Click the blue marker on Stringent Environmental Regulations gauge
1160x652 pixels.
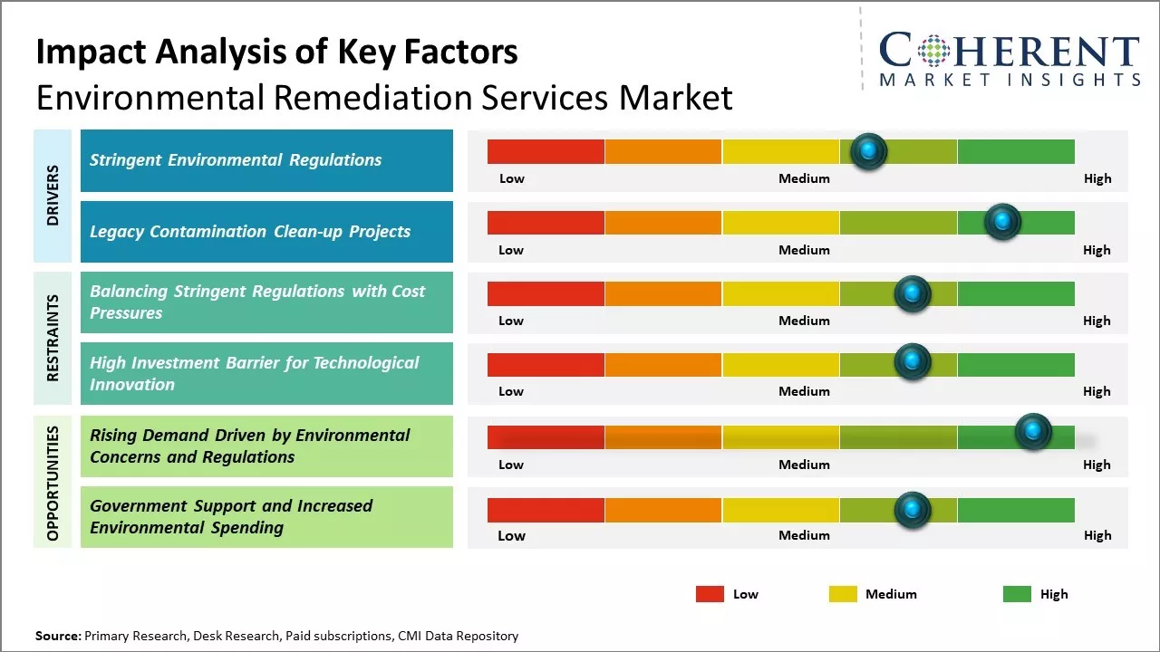(x=869, y=151)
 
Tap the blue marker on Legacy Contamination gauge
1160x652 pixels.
(x=1002, y=222)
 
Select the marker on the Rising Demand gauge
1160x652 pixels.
(x=1032, y=432)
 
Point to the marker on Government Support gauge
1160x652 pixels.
(x=913, y=510)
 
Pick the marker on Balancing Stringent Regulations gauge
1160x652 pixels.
(x=913, y=293)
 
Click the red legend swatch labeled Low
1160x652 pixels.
(x=710, y=594)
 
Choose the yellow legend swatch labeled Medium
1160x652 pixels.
(x=843, y=594)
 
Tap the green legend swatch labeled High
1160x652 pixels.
(x=1017, y=594)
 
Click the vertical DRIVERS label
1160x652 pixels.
(x=53, y=196)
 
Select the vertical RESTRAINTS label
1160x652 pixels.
(x=53, y=338)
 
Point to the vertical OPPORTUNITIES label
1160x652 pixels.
(x=53, y=483)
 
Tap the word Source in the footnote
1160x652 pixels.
(x=57, y=636)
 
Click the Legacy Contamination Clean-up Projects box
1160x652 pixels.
(x=266, y=232)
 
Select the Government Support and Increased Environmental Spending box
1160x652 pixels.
(x=266, y=517)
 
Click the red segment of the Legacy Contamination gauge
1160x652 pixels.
(x=546, y=223)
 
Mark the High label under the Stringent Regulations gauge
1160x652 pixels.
(x=1097, y=178)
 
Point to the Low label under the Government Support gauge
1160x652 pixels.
(x=511, y=535)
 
